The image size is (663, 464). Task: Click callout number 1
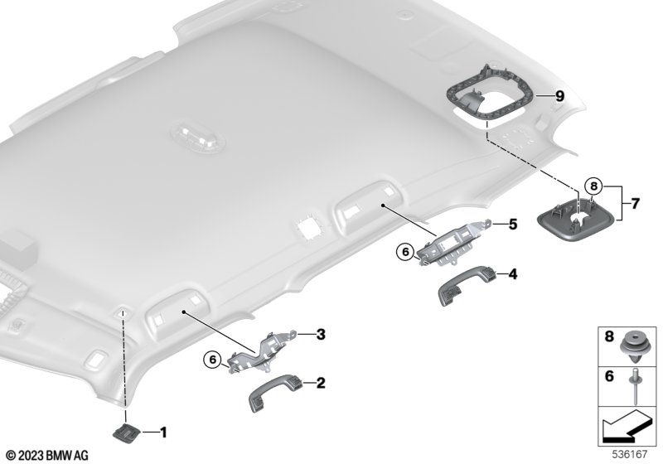(x=162, y=433)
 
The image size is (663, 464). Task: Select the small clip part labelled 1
(x=126, y=433)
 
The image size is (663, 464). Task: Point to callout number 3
(x=321, y=335)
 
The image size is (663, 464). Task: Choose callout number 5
(x=512, y=224)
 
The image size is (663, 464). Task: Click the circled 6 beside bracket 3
(x=213, y=360)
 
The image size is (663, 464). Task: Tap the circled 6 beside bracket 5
(x=405, y=252)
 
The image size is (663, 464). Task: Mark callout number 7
(x=635, y=204)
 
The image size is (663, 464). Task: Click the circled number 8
(x=593, y=186)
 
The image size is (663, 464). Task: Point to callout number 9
(x=559, y=96)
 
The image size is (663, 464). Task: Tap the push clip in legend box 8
(x=634, y=348)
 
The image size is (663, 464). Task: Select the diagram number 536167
(x=630, y=454)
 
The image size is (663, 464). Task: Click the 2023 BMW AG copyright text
(x=48, y=456)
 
